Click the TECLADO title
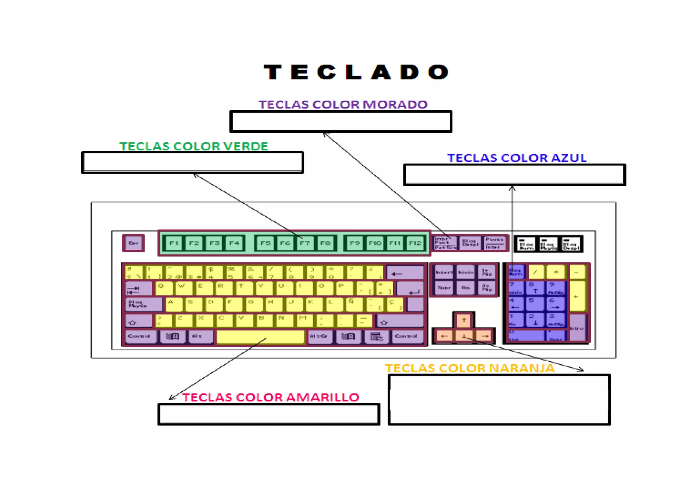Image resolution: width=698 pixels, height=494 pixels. [356, 72]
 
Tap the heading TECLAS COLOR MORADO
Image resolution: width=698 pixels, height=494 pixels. [343, 104]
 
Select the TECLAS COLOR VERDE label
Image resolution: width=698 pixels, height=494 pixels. [194, 146]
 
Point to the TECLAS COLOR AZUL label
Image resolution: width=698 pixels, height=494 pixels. [517, 158]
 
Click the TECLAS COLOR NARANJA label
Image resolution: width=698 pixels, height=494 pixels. [470, 368]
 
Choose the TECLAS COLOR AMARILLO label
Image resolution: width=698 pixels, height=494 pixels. [270, 397]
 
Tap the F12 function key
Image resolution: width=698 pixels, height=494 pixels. [415, 243]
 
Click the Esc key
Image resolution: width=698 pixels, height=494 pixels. [133, 243]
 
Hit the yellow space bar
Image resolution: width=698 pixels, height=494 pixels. [260, 337]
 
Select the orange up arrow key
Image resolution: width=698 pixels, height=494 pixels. [464, 320]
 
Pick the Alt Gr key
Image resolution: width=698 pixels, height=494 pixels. [319, 337]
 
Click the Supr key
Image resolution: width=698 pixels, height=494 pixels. [444, 288]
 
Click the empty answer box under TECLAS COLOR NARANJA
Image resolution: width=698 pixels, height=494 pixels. [499, 399]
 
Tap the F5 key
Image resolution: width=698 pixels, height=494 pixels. [265, 243]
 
